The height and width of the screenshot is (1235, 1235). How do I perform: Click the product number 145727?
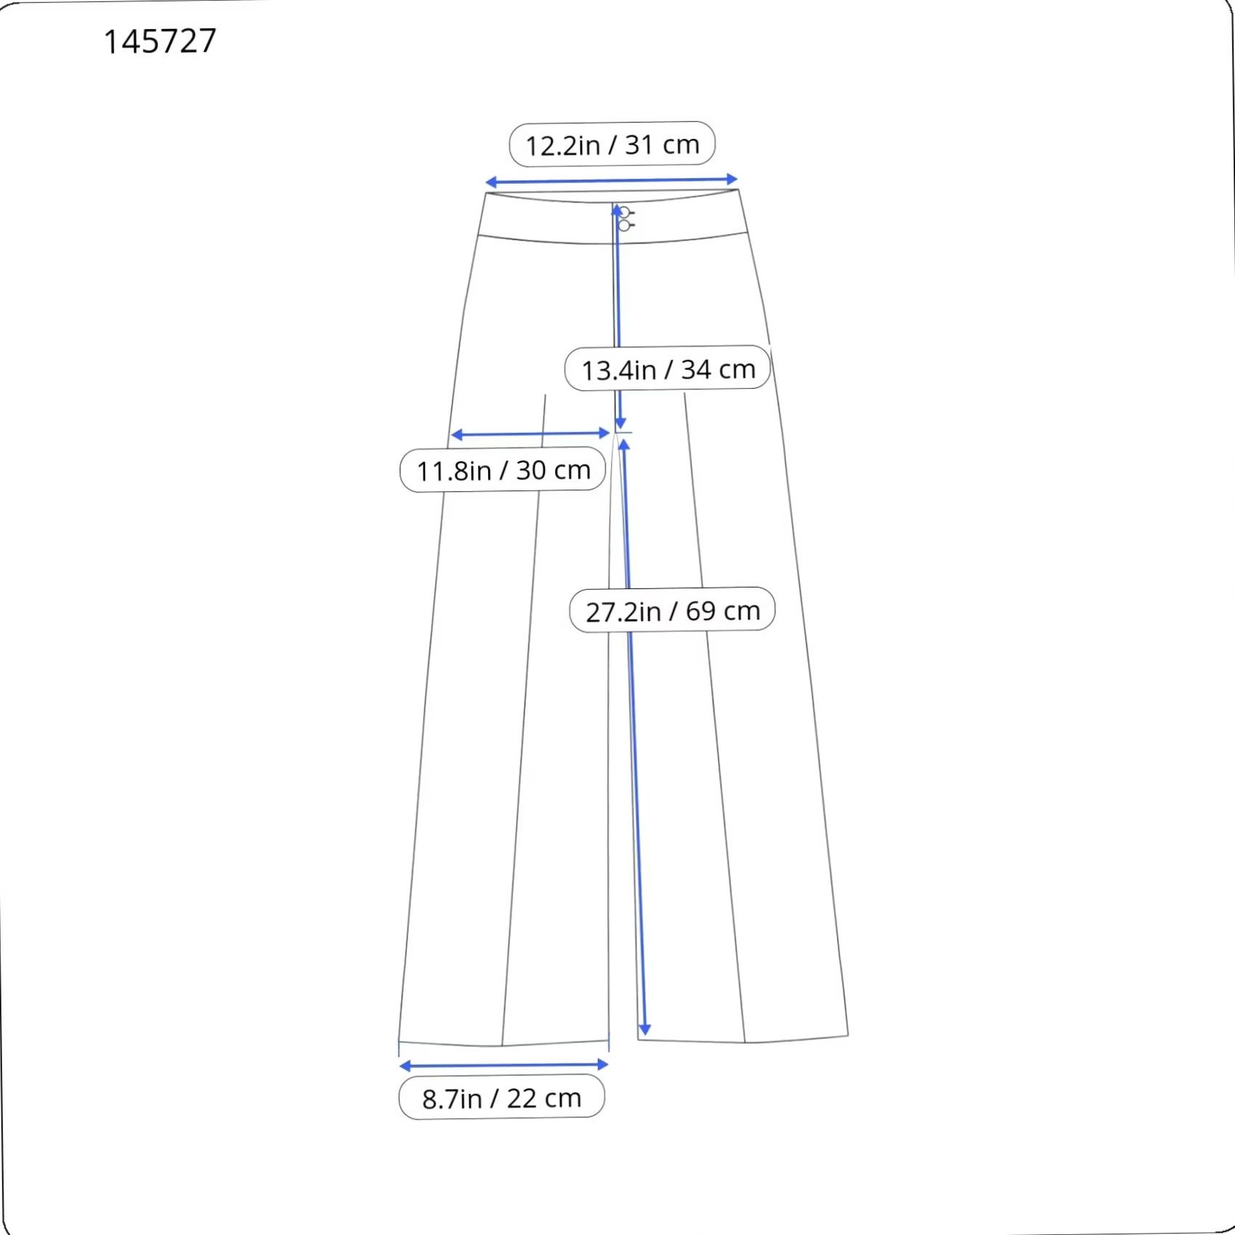click(160, 41)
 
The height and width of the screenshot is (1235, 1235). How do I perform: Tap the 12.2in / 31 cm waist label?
click(612, 144)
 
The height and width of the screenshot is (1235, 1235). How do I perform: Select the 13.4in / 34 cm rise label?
click(668, 369)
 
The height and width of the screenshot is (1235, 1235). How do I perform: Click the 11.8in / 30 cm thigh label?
click(503, 470)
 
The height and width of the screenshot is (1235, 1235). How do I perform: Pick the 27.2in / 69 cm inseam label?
click(673, 610)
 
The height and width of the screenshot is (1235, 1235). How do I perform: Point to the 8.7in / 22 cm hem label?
click(502, 1098)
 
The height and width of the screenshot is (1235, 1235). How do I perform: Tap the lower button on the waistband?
click(624, 225)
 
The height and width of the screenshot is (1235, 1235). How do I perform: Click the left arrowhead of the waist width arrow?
click(490, 182)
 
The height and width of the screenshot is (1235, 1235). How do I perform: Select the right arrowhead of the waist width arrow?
click(732, 179)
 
